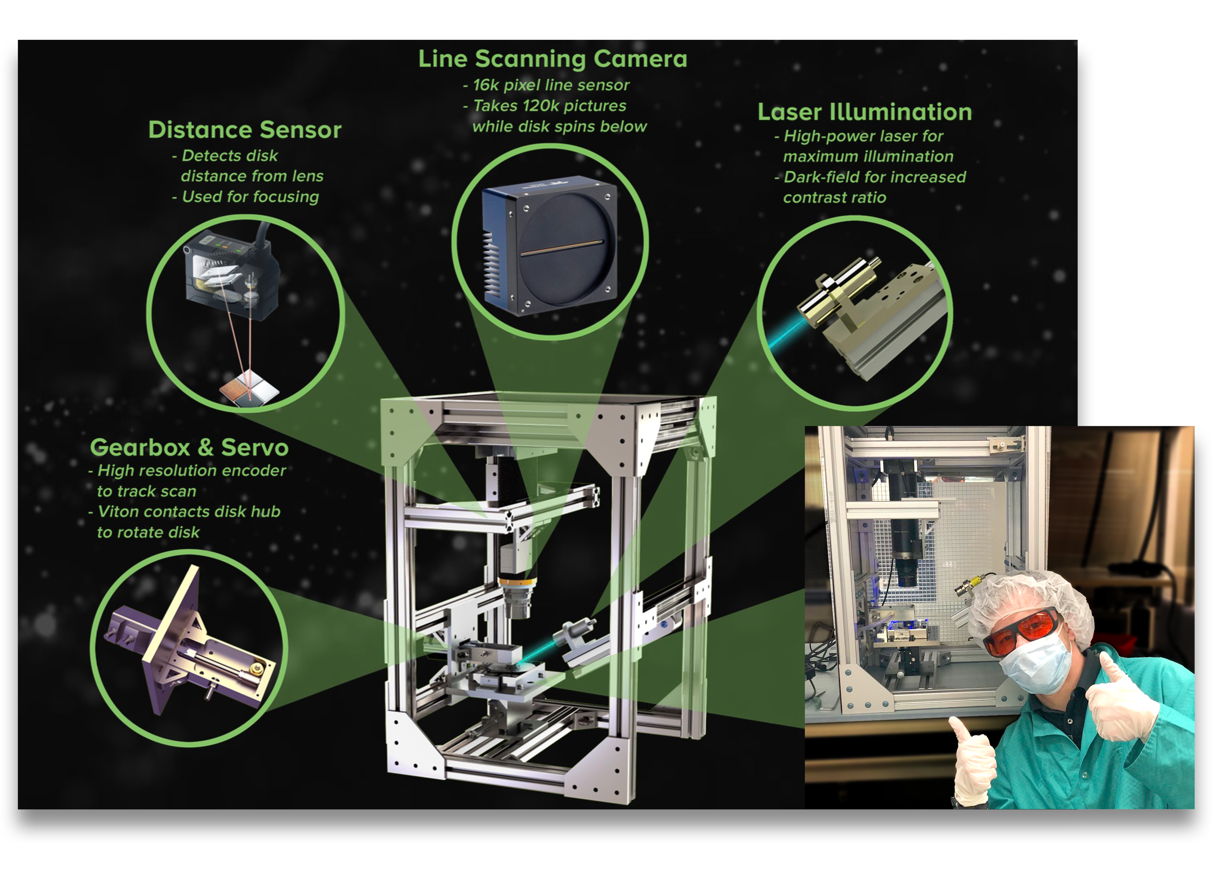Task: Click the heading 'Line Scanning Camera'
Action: [x=552, y=59]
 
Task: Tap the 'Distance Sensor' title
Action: [x=245, y=130]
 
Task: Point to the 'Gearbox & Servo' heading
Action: [x=189, y=447]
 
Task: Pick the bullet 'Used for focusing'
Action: [x=250, y=197]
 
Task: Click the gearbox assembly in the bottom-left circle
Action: [x=193, y=647]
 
